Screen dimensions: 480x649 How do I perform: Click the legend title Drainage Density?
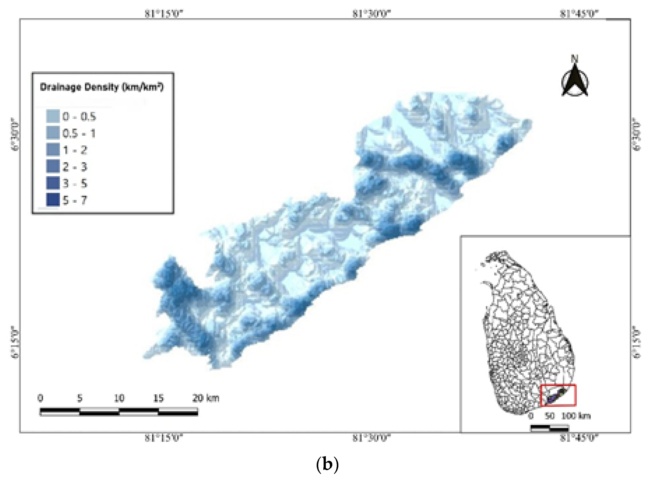(x=102, y=87)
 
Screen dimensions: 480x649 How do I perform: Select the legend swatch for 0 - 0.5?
(x=53, y=116)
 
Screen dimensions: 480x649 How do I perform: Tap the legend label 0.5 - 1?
(x=79, y=133)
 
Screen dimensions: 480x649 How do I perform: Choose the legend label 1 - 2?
(x=75, y=150)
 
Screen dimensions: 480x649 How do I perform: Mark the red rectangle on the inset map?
(x=558, y=395)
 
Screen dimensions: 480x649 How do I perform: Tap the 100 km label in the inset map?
(x=575, y=416)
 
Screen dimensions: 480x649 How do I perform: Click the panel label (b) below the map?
(x=327, y=464)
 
